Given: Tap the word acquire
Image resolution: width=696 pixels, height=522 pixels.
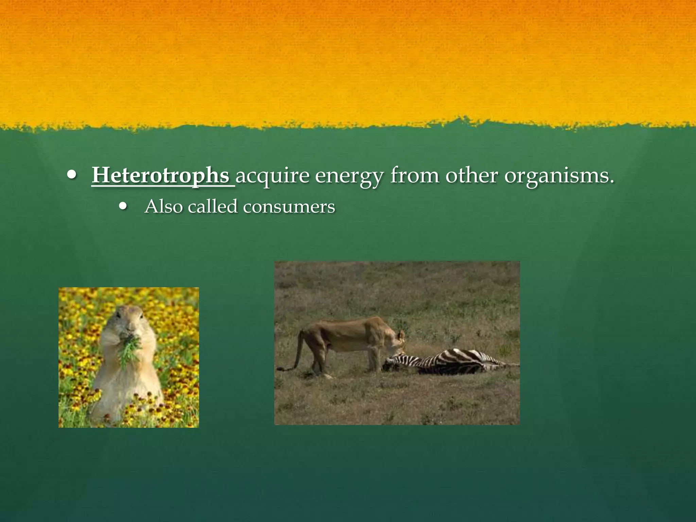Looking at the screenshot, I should pos(272,176).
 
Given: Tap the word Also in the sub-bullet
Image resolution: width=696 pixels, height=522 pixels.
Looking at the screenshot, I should pos(164,206).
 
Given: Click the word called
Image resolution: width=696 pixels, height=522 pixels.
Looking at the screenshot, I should pos(212,206).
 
